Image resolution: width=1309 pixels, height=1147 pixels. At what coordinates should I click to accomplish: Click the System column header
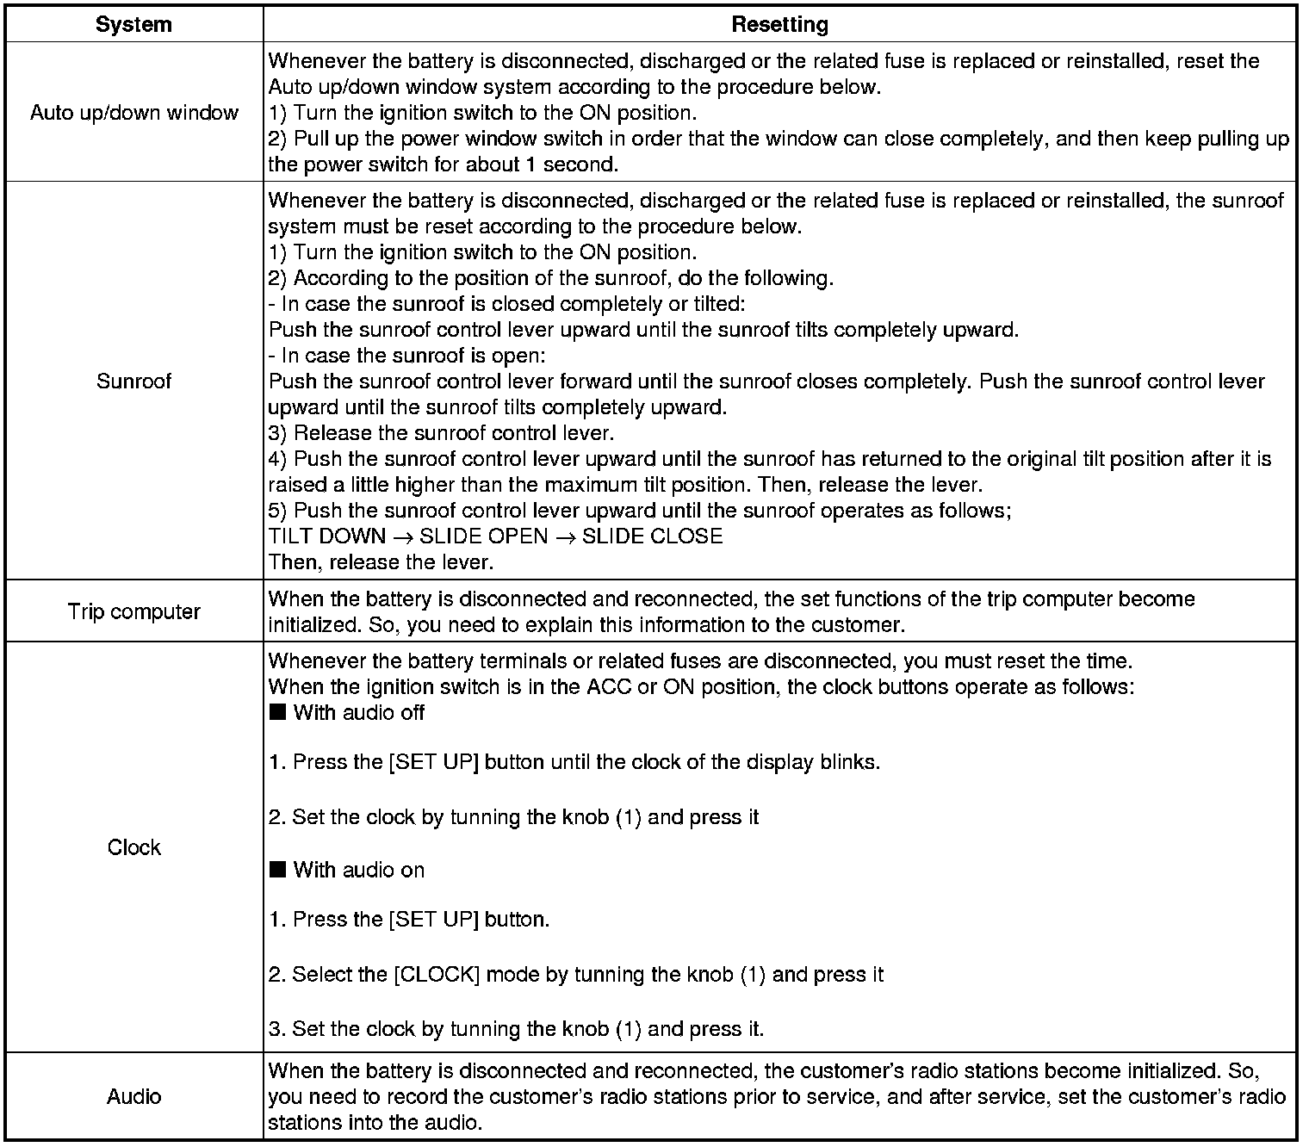tap(133, 24)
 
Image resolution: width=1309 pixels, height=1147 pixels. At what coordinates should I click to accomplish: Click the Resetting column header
tap(779, 24)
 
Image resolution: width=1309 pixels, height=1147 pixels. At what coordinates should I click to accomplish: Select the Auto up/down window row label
tap(133, 113)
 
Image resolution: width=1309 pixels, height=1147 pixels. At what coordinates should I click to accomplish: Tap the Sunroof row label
tap(133, 381)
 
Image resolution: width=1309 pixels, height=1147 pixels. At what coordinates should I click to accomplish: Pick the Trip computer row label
tap(133, 612)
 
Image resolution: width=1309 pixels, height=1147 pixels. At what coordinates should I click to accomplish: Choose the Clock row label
tap(133, 847)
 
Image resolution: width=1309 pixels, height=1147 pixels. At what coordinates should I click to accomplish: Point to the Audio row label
tap(133, 1096)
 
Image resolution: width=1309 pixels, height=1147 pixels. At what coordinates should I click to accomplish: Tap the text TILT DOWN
tap(327, 536)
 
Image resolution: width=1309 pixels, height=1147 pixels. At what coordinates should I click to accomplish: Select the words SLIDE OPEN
tap(483, 536)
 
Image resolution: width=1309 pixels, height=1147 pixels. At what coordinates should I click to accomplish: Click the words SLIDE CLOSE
tap(652, 536)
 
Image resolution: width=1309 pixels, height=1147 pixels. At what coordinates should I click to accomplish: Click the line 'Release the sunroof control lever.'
tap(454, 433)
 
